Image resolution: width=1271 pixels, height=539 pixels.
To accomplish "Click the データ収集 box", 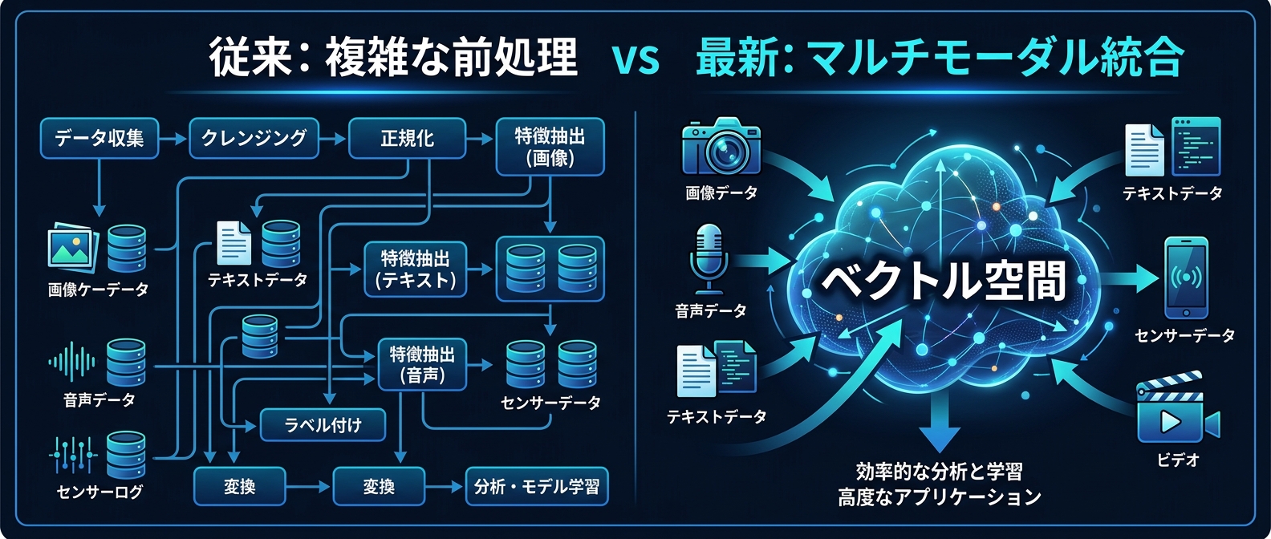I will (x=99, y=139).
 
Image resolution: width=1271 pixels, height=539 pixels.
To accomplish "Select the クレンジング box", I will (x=254, y=139).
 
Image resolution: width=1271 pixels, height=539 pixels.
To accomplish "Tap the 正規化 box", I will (x=407, y=139).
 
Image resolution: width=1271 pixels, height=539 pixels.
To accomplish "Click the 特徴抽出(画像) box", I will (x=550, y=147).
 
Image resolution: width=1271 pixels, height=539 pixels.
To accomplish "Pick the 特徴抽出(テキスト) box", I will (x=415, y=269).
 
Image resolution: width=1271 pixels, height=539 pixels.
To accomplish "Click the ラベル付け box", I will (x=323, y=425).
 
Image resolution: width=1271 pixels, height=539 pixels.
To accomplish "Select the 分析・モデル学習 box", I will (x=537, y=487).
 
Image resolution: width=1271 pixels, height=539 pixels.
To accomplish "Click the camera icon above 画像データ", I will (x=721, y=148).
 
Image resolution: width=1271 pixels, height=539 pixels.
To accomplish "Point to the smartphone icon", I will (x=1186, y=278).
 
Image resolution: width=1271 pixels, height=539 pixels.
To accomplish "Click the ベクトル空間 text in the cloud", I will (x=944, y=281).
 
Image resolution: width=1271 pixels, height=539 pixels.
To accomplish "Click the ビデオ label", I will (x=1178, y=460).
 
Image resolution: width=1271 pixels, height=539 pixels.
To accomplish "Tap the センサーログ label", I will (x=99, y=492).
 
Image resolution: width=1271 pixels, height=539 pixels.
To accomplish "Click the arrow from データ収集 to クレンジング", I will (x=173, y=139).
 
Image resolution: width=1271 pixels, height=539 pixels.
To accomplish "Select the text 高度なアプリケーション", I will (x=939, y=497).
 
